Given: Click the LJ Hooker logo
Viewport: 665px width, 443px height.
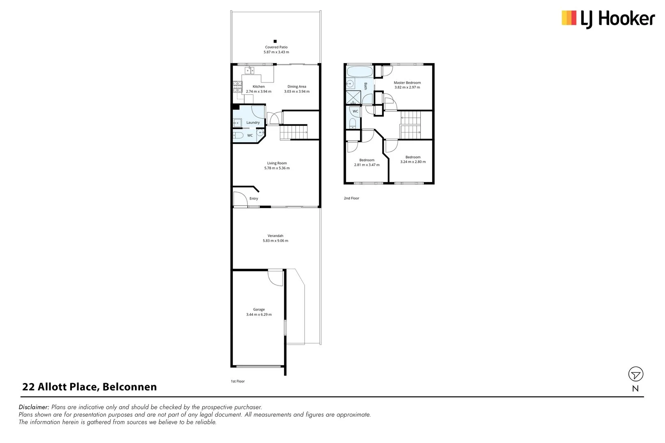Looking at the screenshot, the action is [608, 19].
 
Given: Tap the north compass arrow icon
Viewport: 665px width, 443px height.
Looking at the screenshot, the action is [635, 374].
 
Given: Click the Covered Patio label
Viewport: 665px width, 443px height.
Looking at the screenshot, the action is [276, 47].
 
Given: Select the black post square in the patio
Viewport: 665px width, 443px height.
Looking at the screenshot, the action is [275, 41].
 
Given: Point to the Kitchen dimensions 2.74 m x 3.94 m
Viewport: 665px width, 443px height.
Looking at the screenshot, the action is [258, 91].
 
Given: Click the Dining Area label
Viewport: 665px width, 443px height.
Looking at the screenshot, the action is [296, 87].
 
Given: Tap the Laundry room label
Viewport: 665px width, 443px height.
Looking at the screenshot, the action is [253, 122].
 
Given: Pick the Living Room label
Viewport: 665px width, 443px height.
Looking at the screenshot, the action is [277, 163].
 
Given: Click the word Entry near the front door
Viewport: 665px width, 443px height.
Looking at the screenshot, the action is [254, 199].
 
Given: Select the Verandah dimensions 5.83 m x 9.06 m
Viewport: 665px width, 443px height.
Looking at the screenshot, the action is [275, 241].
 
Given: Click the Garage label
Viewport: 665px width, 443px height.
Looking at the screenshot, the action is [259, 309].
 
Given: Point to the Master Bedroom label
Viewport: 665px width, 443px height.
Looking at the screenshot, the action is [407, 82].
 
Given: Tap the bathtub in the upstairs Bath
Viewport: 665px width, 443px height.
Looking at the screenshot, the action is [359, 71].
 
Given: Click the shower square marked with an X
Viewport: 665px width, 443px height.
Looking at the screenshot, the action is [353, 98].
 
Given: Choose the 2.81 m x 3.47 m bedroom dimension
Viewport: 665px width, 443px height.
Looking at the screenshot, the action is [367, 164].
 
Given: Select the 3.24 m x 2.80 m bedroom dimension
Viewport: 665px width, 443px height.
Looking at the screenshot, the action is [413, 162].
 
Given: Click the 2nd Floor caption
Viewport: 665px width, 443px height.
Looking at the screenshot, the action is [351, 198].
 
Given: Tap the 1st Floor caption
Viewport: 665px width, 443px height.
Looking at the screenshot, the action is [238, 381].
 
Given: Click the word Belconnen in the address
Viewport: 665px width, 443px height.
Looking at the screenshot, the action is [129, 387].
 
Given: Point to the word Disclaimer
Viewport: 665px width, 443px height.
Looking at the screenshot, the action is [34, 407].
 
